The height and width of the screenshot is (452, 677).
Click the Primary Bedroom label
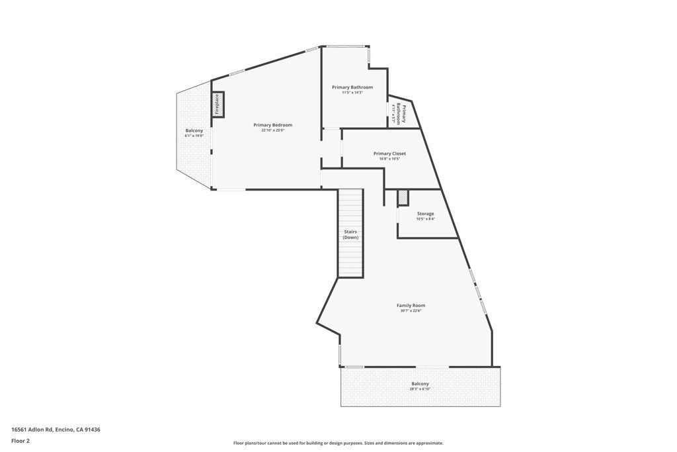click(x=272, y=125)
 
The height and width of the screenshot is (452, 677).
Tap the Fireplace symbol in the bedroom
click(x=217, y=105)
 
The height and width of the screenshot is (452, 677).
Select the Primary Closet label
click(x=389, y=154)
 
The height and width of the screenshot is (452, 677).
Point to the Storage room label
click(x=425, y=214)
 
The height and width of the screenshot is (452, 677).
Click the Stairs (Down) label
click(x=350, y=234)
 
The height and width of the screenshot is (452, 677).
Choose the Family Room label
click(x=411, y=305)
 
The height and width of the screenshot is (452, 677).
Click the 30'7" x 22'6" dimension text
click(x=411, y=310)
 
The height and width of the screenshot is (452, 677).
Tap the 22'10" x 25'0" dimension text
click(x=272, y=130)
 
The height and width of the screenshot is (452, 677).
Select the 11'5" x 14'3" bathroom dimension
click(x=352, y=93)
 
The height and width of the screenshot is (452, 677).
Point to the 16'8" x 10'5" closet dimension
click(x=389, y=159)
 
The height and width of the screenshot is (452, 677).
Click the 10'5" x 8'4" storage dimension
click(x=425, y=219)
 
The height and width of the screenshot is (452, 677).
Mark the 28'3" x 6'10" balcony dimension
click(x=420, y=389)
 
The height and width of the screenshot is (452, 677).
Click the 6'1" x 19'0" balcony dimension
click(x=194, y=136)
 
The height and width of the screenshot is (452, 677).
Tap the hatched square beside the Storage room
click(x=403, y=197)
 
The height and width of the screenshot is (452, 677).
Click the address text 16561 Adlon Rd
click(x=56, y=429)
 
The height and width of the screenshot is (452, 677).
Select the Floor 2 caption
click(x=20, y=440)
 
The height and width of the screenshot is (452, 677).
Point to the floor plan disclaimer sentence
click(x=338, y=443)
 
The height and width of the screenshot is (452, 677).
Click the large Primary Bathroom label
click(x=352, y=87)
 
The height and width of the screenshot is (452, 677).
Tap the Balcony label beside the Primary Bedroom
click(x=194, y=130)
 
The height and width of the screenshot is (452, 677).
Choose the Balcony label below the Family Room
click(x=420, y=384)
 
